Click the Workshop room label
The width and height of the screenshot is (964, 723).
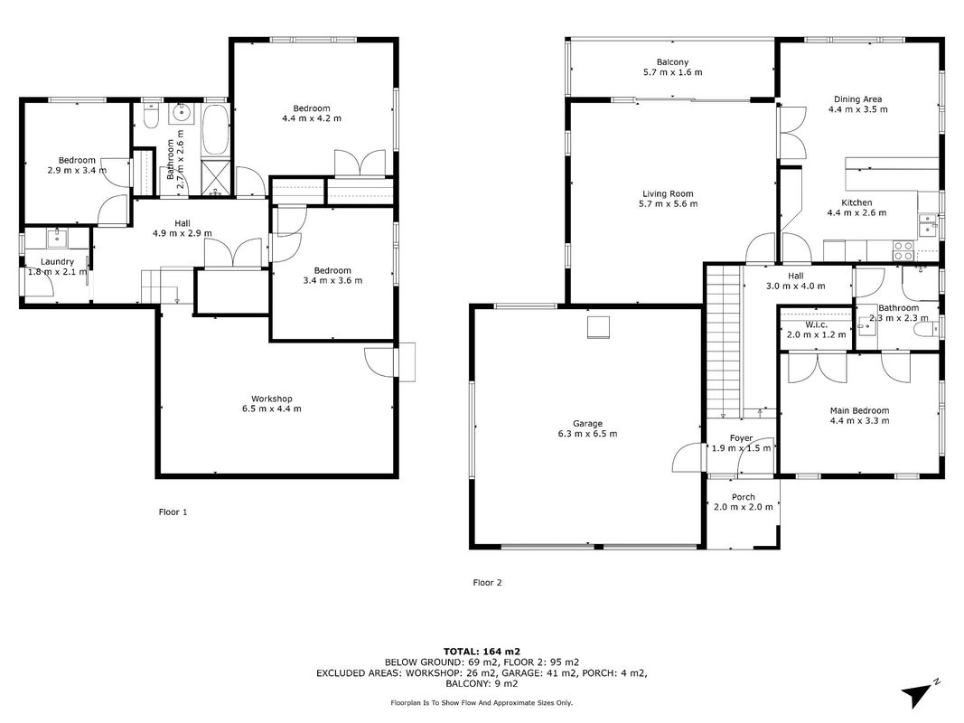click(x=272, y=399)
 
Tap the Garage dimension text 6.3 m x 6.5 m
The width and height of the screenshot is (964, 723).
click(x=588, y=434)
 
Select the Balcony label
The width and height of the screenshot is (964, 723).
click(x=672, y=62)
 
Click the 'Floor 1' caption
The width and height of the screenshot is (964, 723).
click(x=173, y=512)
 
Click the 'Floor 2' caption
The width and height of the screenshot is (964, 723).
click(x=488, y=582)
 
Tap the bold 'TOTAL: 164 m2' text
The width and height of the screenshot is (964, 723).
click(x=482, y=652)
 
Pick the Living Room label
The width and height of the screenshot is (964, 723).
click(x=668, y=193)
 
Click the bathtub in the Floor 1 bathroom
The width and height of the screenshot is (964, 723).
click(x=216, y=130)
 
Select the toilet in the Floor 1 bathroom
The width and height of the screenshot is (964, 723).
click(x=151, y=115)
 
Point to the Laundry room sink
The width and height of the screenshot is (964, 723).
click(x=59, y=238)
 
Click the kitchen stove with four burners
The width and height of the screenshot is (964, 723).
click(x=903, y=250)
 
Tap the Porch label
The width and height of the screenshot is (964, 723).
click(x=744, y=497)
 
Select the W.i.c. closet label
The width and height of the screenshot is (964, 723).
click(x=817, y=324)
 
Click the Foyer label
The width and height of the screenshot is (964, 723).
click(x=742, y=438)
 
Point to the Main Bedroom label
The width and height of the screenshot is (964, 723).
click(x=859, y=410)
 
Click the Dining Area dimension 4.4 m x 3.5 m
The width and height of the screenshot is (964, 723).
click(x=858, y=109)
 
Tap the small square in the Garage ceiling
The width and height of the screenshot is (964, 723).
click(x=598, y=327)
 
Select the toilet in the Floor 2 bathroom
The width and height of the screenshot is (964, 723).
click(x=926, y=331)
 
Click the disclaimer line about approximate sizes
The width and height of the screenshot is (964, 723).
click(x=482, y=703)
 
